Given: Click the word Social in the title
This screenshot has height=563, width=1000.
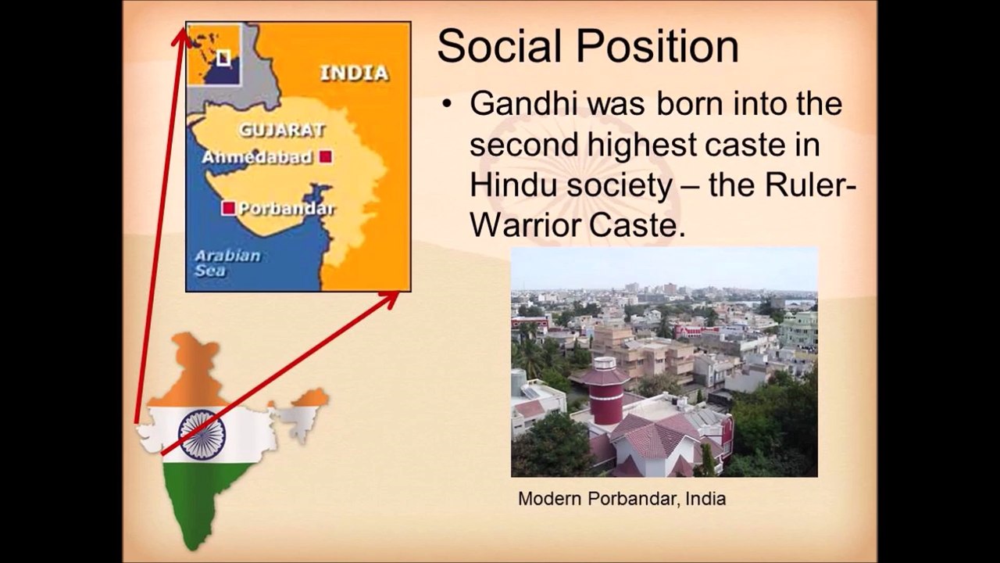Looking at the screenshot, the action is coord(499,46).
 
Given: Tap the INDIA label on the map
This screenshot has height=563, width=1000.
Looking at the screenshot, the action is coord(355,74).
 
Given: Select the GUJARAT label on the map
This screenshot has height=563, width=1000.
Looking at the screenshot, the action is coord(282,130).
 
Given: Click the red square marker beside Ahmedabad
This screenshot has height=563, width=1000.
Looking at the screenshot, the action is coord(326,157).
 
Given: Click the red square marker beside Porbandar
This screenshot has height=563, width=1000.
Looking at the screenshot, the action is coord(229,208).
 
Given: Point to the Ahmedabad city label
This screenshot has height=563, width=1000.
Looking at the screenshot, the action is coord(257,157).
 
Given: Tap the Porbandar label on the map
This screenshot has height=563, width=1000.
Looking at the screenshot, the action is coord(287,209).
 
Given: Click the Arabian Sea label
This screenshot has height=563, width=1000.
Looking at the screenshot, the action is coord(227,264).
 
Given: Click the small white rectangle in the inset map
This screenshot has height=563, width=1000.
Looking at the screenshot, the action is coord(223,58).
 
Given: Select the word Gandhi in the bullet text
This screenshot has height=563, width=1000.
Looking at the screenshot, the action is coord(524,104).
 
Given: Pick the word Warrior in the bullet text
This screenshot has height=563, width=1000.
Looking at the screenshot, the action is coord(526,226).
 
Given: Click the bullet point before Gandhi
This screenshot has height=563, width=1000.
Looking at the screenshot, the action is coord(446,105).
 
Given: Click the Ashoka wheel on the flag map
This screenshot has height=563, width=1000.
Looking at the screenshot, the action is coord(202,435).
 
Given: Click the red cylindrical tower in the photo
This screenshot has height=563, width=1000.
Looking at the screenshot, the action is coord(605,391).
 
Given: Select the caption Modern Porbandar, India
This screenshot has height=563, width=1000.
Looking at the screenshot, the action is coord(622,499).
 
